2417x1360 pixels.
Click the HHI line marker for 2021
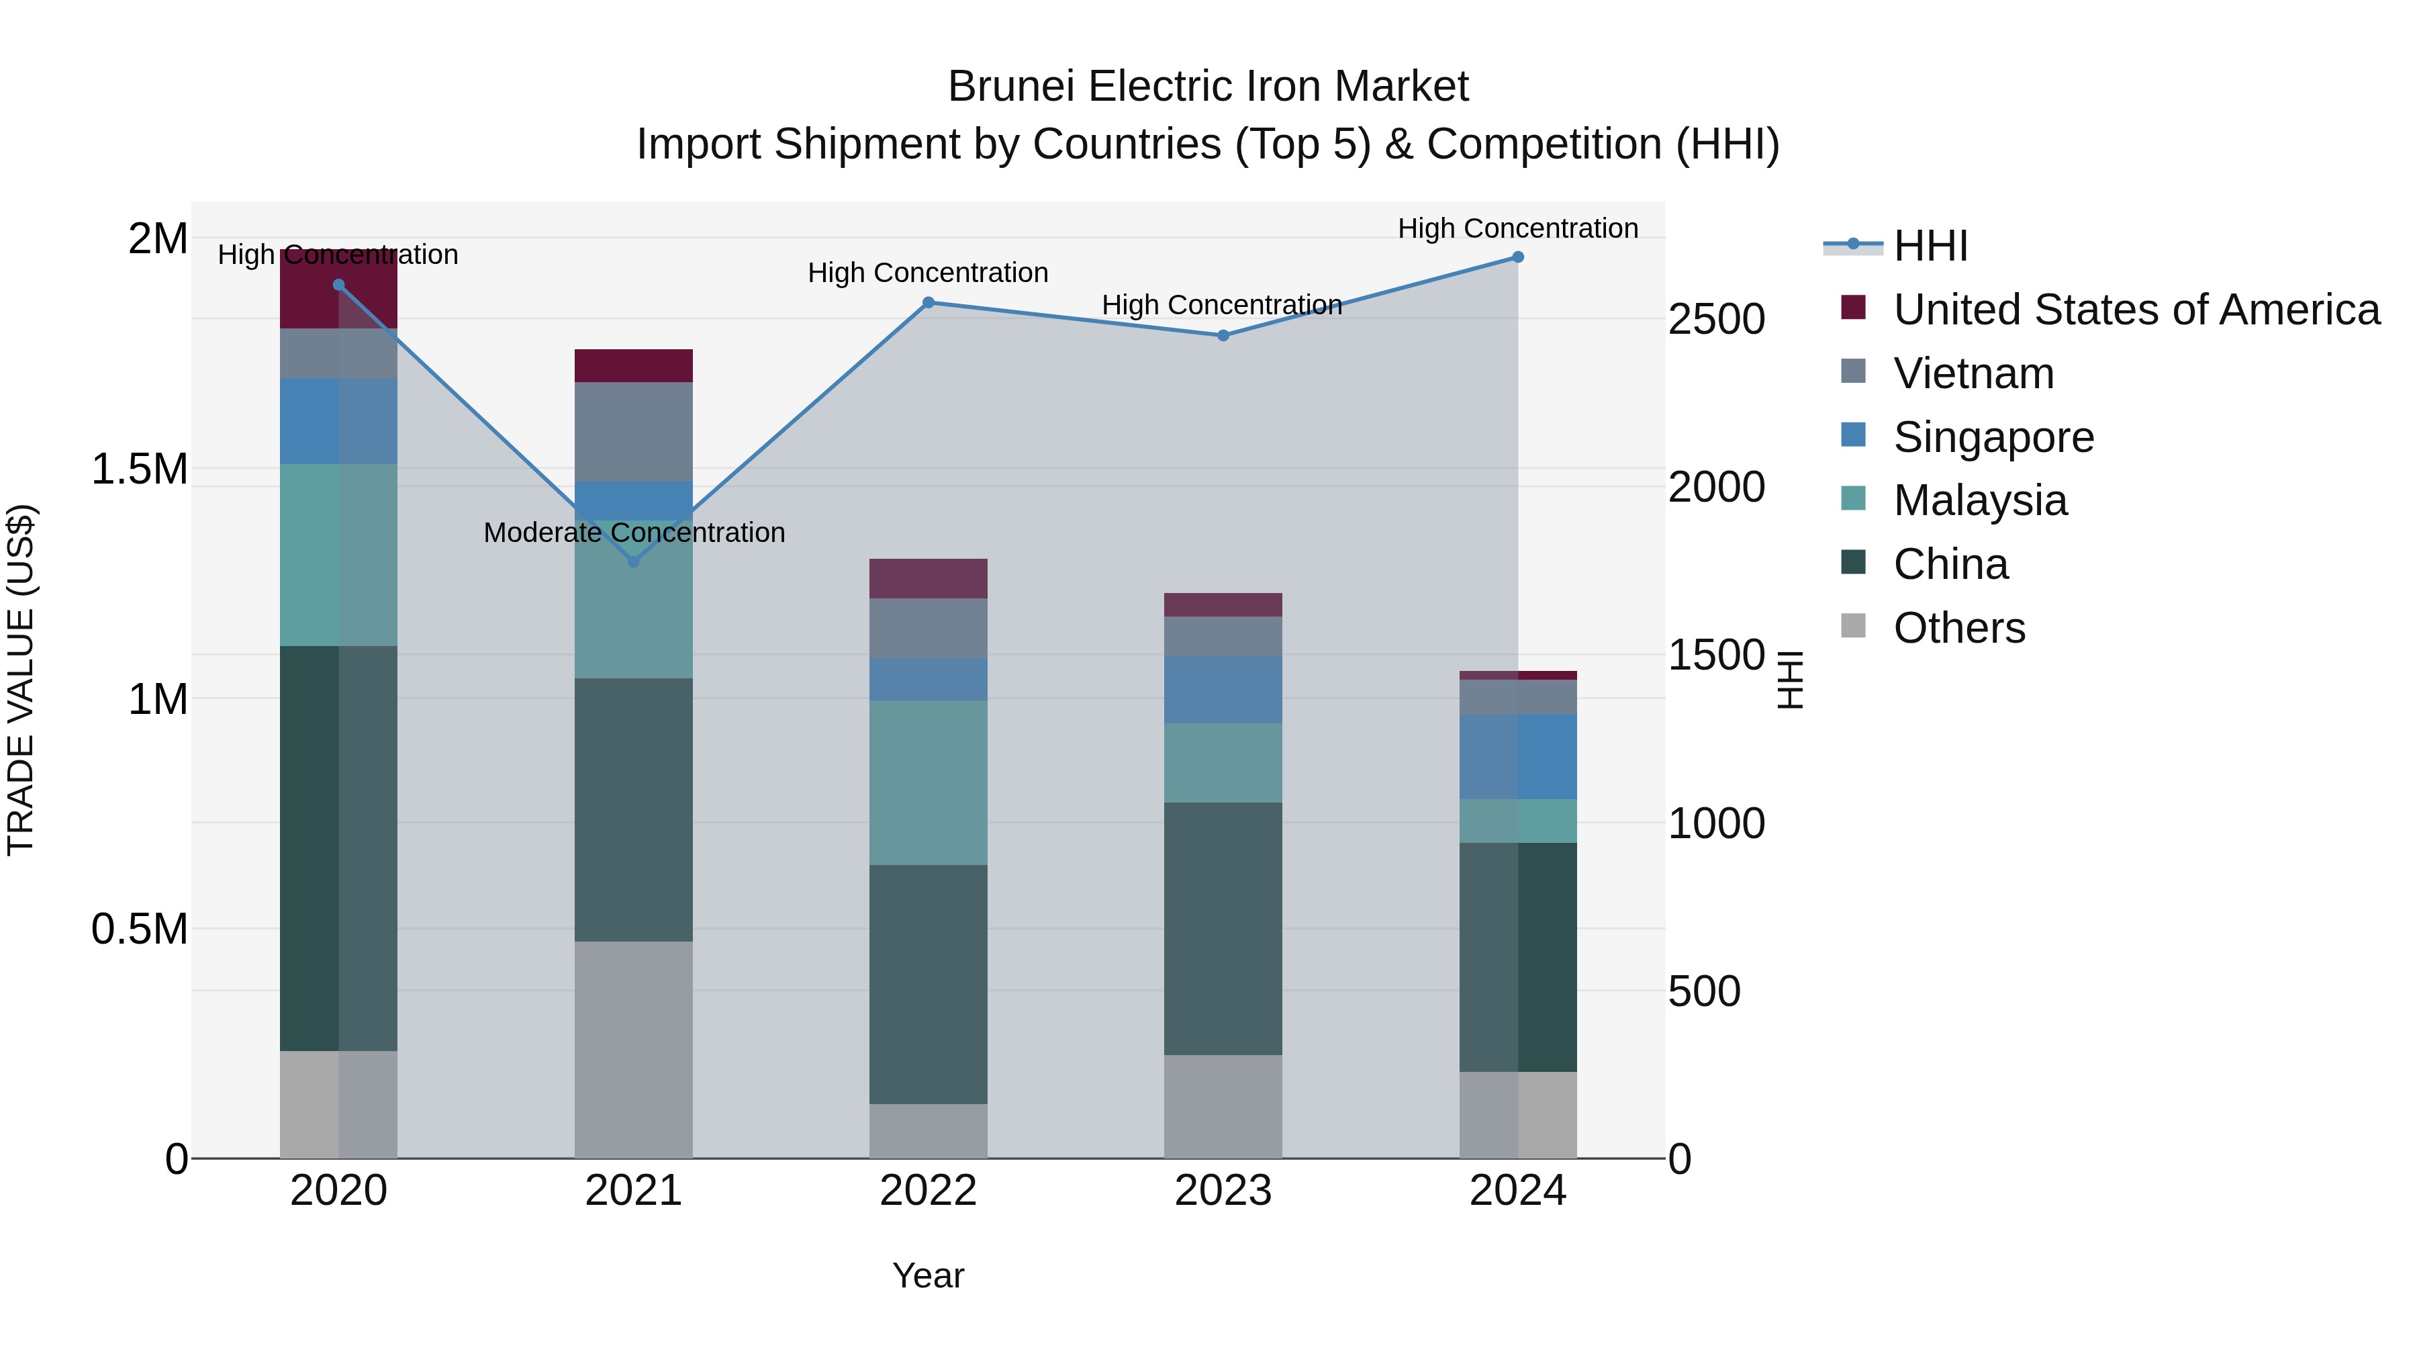[633, 561]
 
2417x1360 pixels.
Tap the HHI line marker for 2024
[1518, 257]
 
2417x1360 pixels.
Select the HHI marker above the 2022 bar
[928, 302]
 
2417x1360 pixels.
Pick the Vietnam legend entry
[1973, 373]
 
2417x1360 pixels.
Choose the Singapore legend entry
[1993, 437]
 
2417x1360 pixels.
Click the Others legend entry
[1959, 628]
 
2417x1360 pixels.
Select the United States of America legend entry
[2136, 310]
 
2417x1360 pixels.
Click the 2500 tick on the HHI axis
[1716, 319]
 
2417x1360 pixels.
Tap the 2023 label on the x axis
[1223, 1191]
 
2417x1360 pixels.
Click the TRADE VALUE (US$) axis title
[21, 680]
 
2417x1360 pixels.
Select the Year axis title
[928, 1275]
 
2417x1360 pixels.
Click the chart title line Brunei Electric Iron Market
[1208, 87]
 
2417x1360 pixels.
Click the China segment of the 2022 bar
[928, 984]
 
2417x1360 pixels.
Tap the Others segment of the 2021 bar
[633, 1049]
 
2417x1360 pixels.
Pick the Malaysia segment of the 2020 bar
[339, 555]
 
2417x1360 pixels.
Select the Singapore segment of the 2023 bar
[1223, 690]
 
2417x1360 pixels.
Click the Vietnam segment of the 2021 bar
[633, 432]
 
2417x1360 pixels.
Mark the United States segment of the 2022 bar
[928, 578]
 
